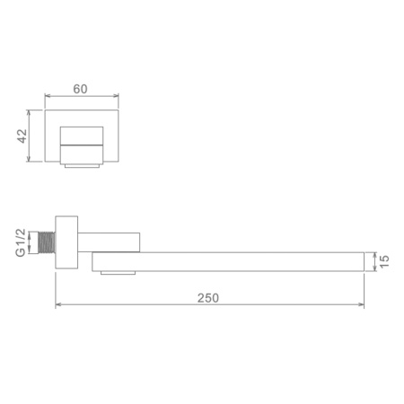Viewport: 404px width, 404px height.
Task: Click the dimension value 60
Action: click(80, 89)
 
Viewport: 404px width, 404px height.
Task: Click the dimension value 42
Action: click(22, 136)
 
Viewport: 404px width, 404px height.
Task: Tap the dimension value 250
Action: click(208, 298)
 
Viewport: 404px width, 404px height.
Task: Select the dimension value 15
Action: click(384, 261)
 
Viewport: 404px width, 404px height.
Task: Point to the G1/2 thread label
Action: click(21, 242)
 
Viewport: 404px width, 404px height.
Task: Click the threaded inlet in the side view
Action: click(48, 243)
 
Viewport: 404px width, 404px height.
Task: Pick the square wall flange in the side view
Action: click(66, 242)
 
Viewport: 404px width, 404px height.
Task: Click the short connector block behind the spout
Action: click(109, 242)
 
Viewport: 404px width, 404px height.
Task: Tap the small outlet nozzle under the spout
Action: click(118, 273)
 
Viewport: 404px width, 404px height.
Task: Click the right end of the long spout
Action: click(364, 262)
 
